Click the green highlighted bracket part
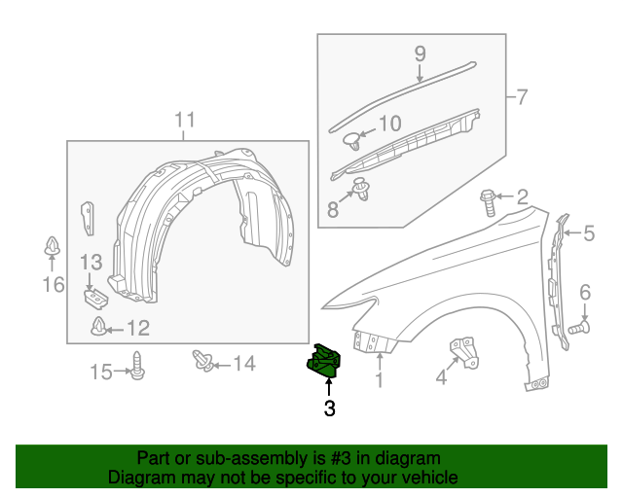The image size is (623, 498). [324, 361]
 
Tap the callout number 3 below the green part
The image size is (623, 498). [330, 409]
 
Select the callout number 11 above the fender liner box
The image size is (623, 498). [185, 121]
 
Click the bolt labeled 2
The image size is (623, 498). [488, 203]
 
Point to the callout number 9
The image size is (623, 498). [421, 53]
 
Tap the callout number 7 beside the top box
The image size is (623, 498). [521, 97]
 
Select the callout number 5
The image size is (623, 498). [589, 233]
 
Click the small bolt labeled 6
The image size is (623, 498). [575, 330]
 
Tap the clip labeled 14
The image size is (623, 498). [205, 362]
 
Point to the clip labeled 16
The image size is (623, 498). [53, 249]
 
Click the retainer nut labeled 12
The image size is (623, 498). [99, 327]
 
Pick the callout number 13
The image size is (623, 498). [91, 261]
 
